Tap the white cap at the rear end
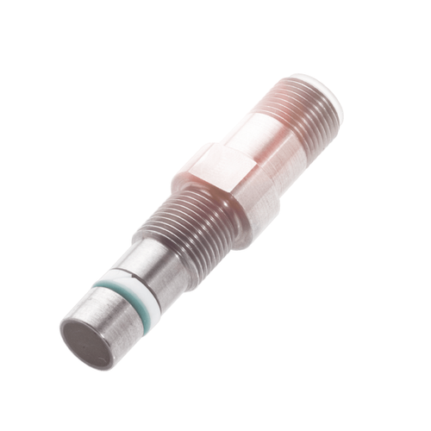tap(326, 91)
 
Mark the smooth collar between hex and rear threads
tap(259, 138)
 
